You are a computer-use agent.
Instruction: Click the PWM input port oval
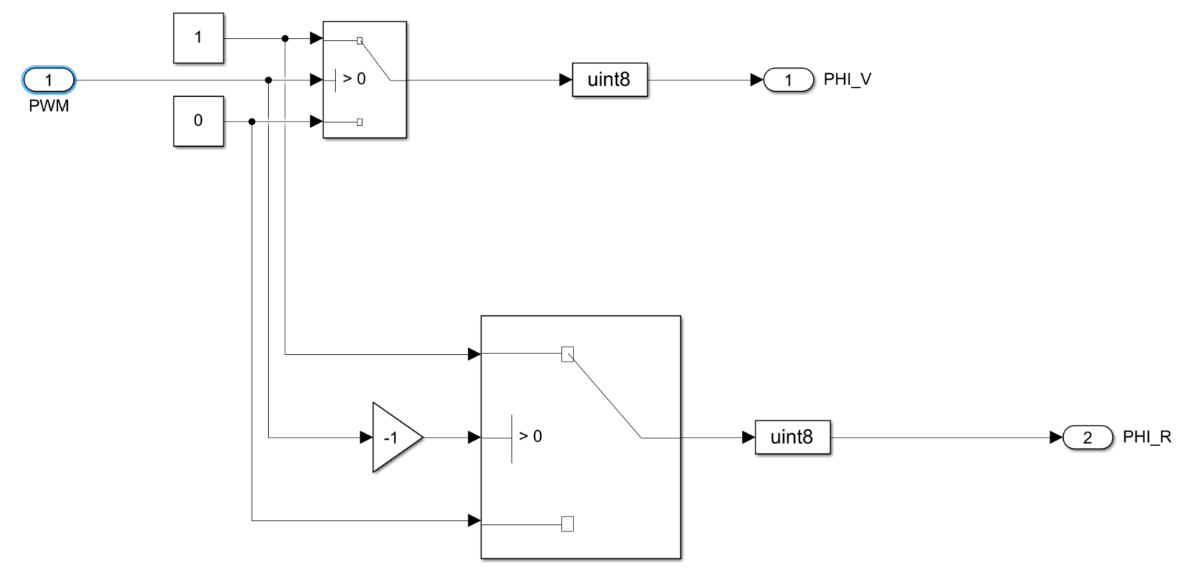point(49,80)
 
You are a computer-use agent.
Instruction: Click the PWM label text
point(49,107)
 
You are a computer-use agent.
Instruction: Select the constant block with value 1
point(198,38)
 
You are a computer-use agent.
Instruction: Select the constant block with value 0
point(198,121)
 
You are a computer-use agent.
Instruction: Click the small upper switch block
point(364,80)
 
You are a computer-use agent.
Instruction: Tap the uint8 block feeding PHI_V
point(609,80)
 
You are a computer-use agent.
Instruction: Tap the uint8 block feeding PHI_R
point(792,438)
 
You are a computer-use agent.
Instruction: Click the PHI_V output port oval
point(788,80)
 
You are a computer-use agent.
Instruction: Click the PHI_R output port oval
point(1087,438)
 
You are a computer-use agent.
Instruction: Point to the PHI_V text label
point(847,80)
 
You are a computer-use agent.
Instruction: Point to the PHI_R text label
point(1147,438)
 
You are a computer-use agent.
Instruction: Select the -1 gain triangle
point(394,438)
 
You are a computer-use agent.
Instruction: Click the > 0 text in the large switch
point(530,436)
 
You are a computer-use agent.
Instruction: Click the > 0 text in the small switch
point(354,79)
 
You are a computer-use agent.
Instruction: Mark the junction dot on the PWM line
point(268,80)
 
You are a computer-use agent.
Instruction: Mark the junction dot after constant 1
point(285,38)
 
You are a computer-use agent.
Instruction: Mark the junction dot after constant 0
point(252,122)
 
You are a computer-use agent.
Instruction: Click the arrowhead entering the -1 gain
point(366,438)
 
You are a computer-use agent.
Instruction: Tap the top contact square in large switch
point(567,354)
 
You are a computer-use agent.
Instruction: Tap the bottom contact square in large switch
point(567,524)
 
